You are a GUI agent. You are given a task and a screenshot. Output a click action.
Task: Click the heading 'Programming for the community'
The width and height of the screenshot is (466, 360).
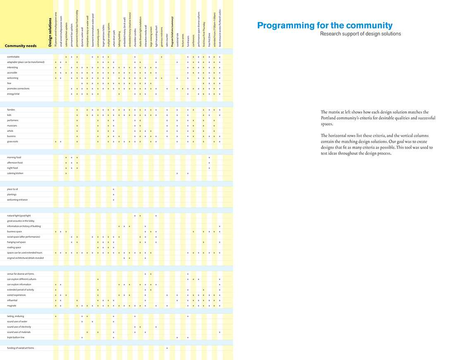(x=325, y=26)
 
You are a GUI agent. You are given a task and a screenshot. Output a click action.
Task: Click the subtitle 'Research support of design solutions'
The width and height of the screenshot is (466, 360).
(x=360, y=34)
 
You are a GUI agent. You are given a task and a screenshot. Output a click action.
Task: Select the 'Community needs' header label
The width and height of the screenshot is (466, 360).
(x=21, y=46)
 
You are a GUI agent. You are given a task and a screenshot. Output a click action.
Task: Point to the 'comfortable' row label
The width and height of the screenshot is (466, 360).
(x=13, y=57)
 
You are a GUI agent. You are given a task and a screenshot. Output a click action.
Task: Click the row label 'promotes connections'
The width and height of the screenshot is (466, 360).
(x=18, y=89)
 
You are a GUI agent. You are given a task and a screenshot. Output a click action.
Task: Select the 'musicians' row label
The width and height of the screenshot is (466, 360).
(x=12, y=126)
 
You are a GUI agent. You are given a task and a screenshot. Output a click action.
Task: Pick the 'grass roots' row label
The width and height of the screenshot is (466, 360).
(x=12, y=142)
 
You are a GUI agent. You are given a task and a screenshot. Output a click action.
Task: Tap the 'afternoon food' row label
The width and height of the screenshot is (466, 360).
(x=15, y=163)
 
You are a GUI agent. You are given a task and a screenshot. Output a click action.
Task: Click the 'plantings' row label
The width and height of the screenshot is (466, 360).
(x=12, y=194)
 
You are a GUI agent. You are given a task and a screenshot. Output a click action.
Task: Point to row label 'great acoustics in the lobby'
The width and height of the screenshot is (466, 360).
(x=20, y=221)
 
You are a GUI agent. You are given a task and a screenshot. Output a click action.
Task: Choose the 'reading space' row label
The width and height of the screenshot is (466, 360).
(x=14, y=247)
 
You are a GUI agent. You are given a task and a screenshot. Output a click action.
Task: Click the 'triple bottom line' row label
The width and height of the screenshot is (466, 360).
(x=17, y=337)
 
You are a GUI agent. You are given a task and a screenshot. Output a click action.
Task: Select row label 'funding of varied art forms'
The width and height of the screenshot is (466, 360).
(x=21, y=348)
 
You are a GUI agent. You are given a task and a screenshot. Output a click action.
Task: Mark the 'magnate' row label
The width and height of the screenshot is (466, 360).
(x=12, y=306)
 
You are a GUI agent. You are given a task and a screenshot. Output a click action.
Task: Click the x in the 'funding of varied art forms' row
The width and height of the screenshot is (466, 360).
(x=167, y=348)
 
